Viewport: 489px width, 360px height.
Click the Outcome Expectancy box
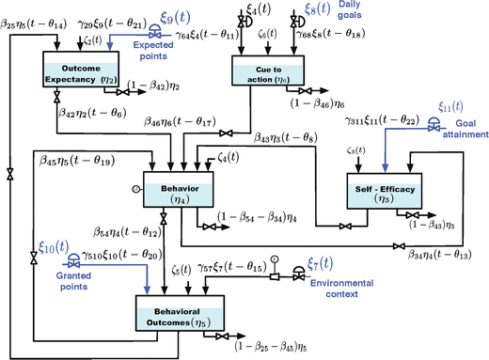(x=84, y=73)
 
